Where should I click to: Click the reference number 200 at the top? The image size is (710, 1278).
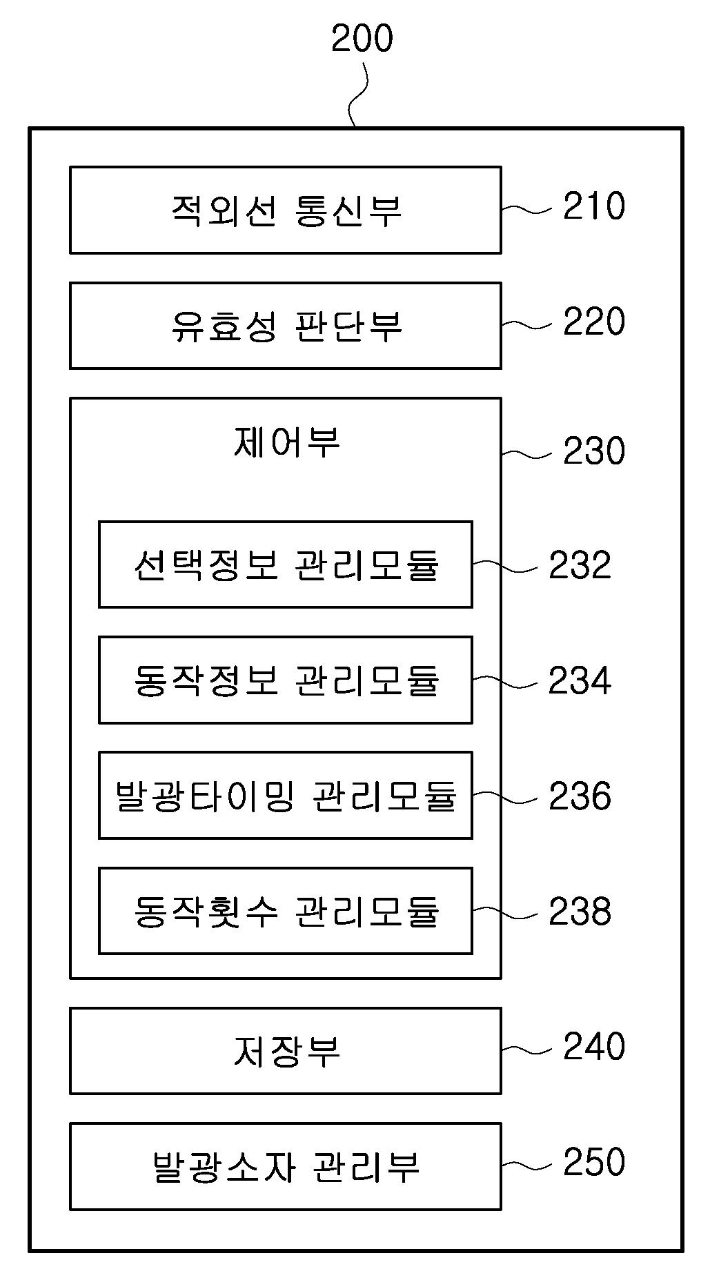click(362, 39)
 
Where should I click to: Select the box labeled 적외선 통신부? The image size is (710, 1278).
click(285, 210)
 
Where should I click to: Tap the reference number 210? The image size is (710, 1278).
click(593, 206)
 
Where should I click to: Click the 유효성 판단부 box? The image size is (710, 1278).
click(285, 325)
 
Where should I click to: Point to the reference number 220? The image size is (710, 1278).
click(593, 322)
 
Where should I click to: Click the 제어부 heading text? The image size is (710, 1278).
click(286, 442)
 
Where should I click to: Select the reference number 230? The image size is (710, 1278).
click(593, 451)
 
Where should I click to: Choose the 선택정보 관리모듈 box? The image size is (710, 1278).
click(285, 564)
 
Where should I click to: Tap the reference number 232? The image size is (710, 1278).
click(579, 565)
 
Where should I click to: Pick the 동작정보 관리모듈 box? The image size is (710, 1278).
click(285, 680)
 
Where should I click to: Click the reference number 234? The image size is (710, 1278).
click(579, 681)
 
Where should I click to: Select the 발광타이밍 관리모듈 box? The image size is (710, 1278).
click(285, 796)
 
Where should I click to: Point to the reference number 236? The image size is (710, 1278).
click(579, 796)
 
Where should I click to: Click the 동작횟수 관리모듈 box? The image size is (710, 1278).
click(285, 911)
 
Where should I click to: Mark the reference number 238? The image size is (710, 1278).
click(579, 912)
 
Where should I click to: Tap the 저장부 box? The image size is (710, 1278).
click(285, 1051)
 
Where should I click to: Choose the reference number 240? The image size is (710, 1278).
click(593, 1046)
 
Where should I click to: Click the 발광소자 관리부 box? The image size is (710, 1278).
click(285, 1166)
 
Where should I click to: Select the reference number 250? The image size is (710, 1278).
click(593, 1161)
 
